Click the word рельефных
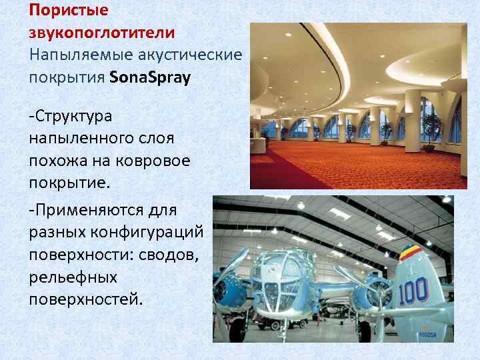(73, 276)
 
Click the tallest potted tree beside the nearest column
(432, 130)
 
